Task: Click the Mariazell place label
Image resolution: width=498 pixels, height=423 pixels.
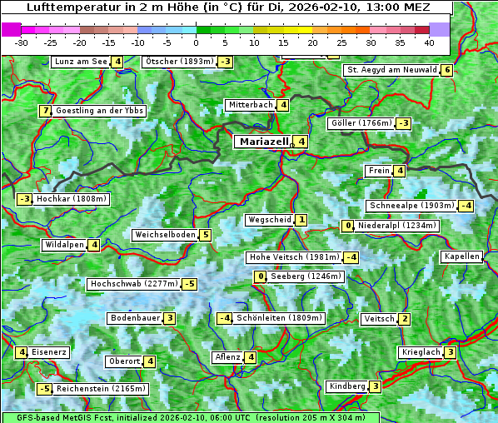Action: (x=263, y=142)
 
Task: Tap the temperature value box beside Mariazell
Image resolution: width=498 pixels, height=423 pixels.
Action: (x=301, y=142)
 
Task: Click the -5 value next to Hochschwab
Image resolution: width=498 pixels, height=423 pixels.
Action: (x=190, y=284)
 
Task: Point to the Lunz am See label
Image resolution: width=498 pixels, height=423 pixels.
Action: (x=81, y=62)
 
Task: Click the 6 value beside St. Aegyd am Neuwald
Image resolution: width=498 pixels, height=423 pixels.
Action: (x=447, y=70)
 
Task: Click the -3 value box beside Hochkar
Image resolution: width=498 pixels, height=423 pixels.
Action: (x=24, y=199)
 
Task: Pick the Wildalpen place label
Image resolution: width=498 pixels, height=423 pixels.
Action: (x=64, y=245)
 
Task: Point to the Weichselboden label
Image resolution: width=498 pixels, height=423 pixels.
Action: (x=165, y=235)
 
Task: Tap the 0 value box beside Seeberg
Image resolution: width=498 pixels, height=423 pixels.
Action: (x=261, y=276)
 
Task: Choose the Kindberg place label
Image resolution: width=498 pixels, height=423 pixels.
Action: (x=347, y=386)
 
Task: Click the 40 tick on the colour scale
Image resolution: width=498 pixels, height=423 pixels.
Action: (x=429, y=42)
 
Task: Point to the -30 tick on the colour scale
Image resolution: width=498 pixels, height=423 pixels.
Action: (x=22, y=42)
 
